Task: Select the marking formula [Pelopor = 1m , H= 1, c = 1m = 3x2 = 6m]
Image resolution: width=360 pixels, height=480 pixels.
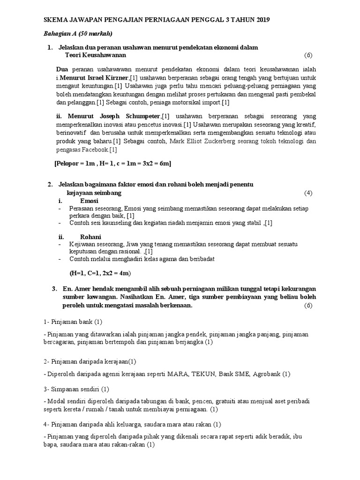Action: tap(113, 163)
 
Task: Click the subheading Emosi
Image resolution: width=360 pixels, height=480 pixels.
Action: tap(89, 201)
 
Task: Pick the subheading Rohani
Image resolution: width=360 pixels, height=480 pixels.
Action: tap(90, 237)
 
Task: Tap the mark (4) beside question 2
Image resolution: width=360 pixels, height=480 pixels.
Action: tap(307, 193)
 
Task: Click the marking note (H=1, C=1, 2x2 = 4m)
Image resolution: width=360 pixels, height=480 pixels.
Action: tap(100, 273)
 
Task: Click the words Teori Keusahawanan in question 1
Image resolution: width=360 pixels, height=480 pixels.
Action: tap(96, 55)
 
